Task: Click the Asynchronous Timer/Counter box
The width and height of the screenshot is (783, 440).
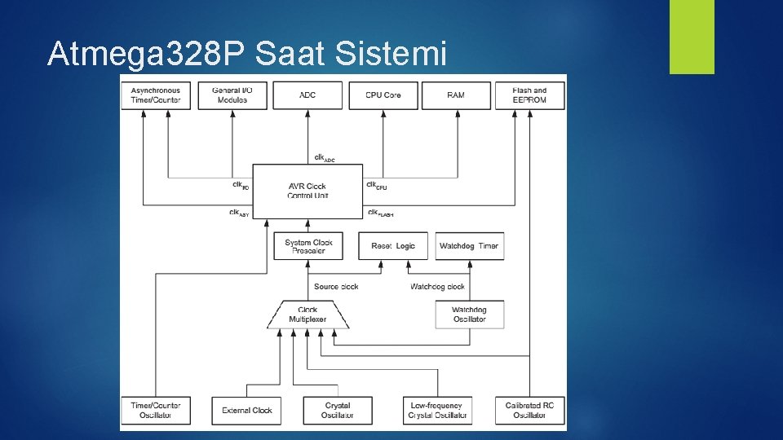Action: (x=156, y=95)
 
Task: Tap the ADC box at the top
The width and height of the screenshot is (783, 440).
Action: (x=307, y=95)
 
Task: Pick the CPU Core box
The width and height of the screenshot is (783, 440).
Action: (x=383, y=95)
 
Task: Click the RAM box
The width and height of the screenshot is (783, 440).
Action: (x=456, y=95)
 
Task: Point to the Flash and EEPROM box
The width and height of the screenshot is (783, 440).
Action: (x=529, y=95)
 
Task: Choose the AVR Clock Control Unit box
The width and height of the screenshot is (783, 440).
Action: (x=307, y=191)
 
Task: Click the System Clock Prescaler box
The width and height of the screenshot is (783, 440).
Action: (x=309, y=246)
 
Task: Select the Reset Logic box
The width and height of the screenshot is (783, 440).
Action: (x=393, y=246)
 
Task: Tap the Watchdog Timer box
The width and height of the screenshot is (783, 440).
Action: (x=469, y=246)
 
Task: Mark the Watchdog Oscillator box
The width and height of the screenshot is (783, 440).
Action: (x=469, y=315)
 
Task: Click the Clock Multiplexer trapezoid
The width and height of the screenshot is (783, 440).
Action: (x=307, y=315)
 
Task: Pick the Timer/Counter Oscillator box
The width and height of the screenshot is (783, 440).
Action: (x=156, y=410)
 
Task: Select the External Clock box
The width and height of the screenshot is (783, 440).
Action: (x=247, y=410)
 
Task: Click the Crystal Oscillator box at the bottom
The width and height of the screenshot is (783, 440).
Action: (x=337, y=410)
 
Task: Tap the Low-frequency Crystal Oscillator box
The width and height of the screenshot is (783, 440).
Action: (x=437, y=410)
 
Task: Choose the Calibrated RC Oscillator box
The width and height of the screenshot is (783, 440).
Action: (x=529, y=410)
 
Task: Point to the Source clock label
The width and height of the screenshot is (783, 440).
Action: (x=337, y=287)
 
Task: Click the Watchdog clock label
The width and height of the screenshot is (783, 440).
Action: (x=437, y=287)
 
